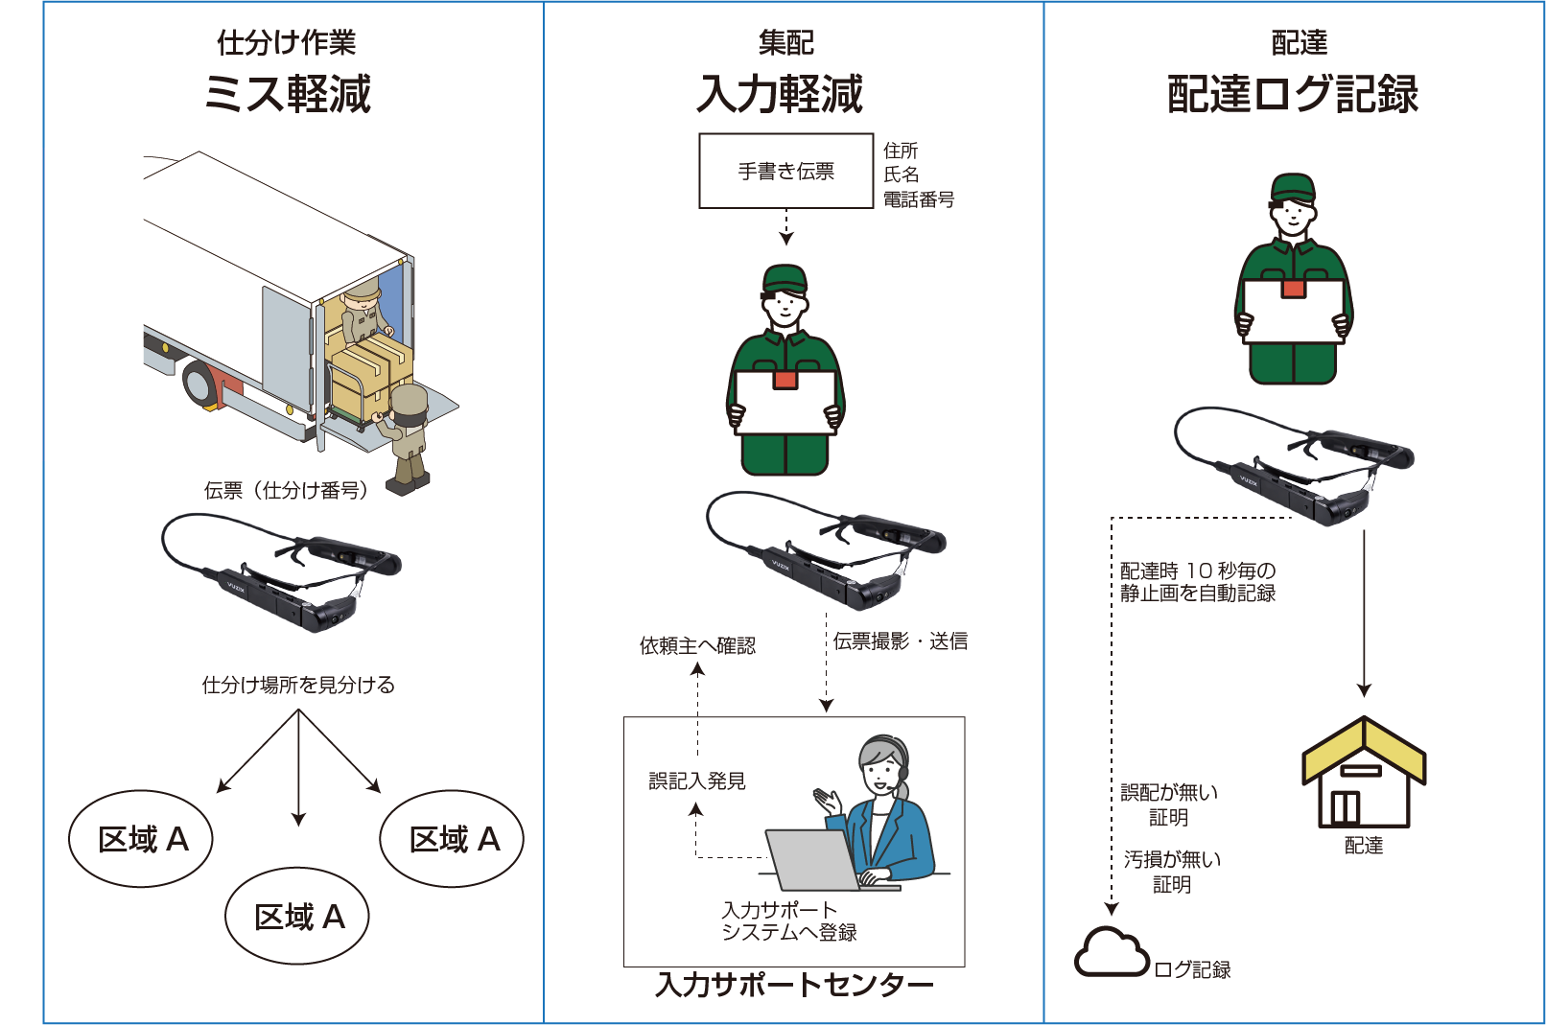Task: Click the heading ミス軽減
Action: tap(288, 94)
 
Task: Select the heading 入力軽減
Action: tap(780, 94)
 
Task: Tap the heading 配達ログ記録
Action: tap(1292, 94)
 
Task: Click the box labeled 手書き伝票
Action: tap(786, 171)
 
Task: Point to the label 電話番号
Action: tap(919, 199)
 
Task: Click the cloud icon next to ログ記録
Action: tap(1111, 952)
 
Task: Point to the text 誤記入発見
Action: tap(697, 781)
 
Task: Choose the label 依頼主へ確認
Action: tap(697, 645)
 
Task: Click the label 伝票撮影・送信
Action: tap(900, 641)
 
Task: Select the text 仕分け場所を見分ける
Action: tap(298, 685)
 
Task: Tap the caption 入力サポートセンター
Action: tap(794, 985)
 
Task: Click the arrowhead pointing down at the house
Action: tap(1364, 690)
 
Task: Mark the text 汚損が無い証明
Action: tap(1172, 872)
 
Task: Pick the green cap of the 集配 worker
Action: tap(785, 278)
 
